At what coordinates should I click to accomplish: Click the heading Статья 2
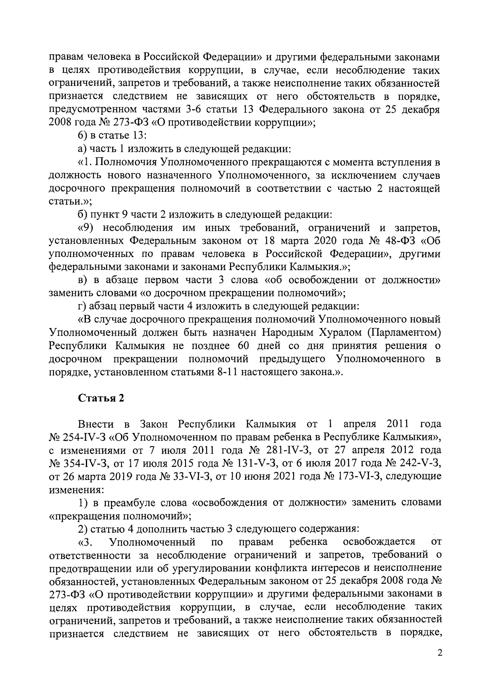click(101, 398)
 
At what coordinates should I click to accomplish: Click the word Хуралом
click(339, 333)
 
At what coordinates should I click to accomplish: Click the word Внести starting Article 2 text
click(96, 424)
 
